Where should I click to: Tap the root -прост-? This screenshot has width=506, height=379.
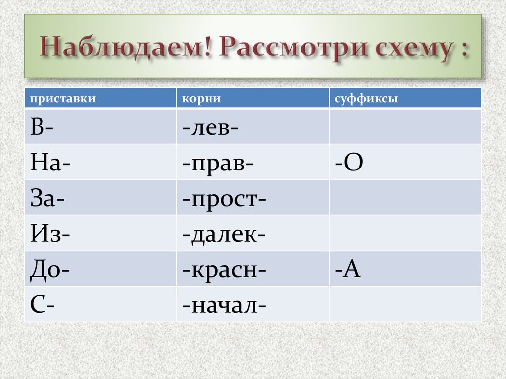pos(224,198)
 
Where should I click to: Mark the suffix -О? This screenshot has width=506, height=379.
pos(349,163)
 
